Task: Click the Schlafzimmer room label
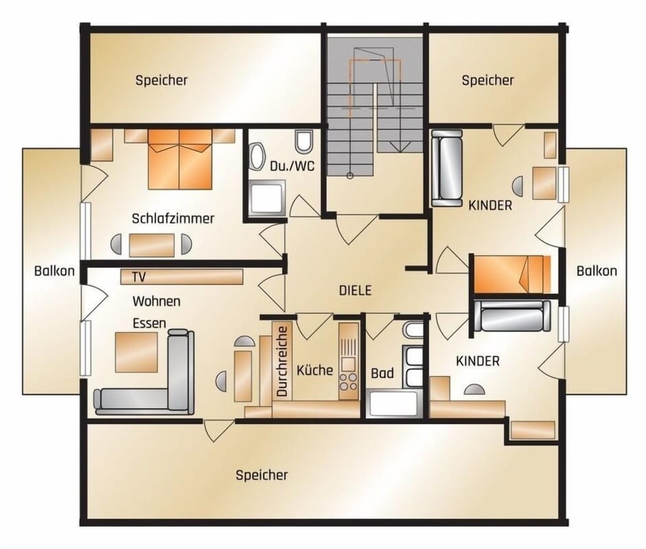(173, 218)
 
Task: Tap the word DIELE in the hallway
(355, 290)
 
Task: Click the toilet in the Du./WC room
(304, 143)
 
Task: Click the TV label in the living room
(139, 277)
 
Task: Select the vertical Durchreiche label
(283, 361)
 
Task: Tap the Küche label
(314, 370)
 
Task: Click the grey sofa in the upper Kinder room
(447, 169)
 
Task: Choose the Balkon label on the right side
(596, 271)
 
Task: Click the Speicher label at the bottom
(262, 475)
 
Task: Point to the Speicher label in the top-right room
(488, 81)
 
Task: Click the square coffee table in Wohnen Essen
(136, 352)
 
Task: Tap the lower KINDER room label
(478, 361)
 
